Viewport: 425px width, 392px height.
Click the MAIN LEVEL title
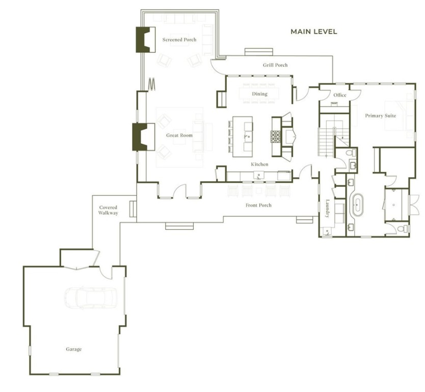[x=313, y=32]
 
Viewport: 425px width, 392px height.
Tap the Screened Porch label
[x=179, y=40]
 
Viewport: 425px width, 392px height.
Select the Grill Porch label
[x=275, y=65]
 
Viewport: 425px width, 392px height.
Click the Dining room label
[x=259, y=94]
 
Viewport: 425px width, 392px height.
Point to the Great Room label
[x=179, y=135]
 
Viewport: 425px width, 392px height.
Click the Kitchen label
[x=259, y=164]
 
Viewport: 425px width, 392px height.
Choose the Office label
[x=339, y=95]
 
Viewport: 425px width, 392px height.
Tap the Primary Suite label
[x=380, y=116]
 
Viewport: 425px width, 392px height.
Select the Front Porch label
[x=259, y=205]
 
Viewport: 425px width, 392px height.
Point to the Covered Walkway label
[x=108, y=210]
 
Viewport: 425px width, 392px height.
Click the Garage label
[x=73, y=349]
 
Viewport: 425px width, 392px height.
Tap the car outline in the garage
[x=90, y=298]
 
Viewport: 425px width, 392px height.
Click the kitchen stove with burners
[x=277, y=137]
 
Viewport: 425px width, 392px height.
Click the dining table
[x=259, y=94]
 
